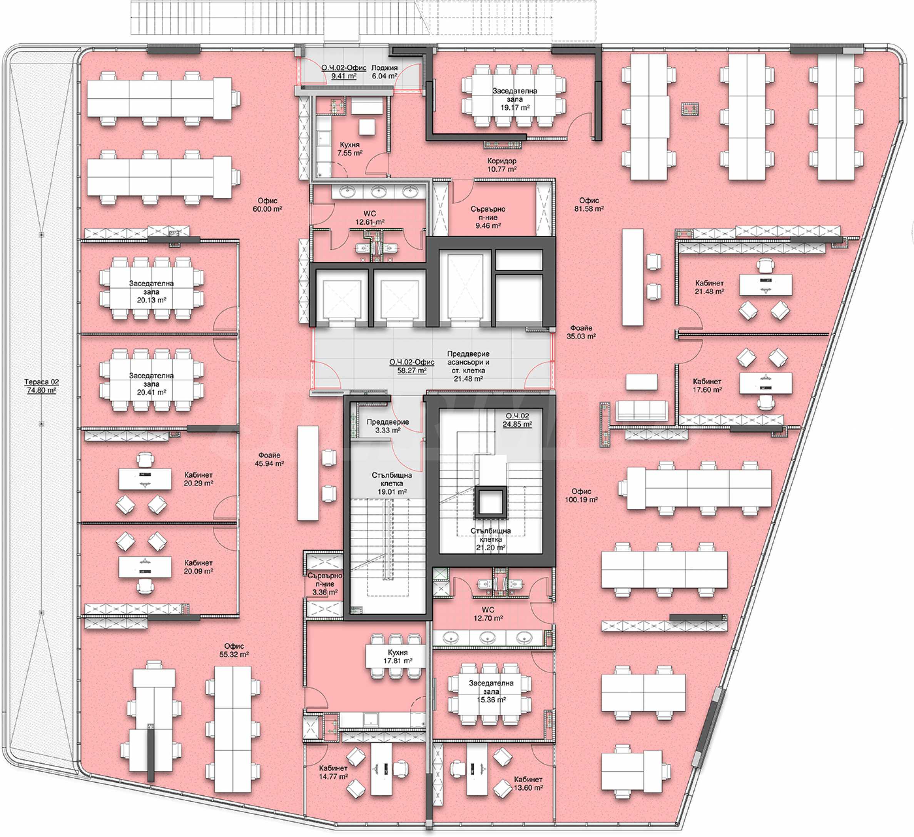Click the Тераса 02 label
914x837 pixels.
[x=41, y=382]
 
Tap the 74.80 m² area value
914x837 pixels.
[x=41, y=390]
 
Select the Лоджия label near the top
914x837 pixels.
[x=384, y=67]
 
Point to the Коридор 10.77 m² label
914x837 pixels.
[x=501, y=165]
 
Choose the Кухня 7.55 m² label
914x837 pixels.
[x=349, y=149]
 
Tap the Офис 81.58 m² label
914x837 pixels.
[x=589, y=205]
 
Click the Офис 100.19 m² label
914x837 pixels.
[x=581, y=495]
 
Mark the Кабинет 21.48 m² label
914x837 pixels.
[x=709, y=287]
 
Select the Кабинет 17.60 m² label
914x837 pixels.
[x=707, y=386]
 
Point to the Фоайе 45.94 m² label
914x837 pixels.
[x=269, y=459]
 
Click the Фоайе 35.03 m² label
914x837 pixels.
[x=581, y=332]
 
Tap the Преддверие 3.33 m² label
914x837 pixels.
[x=388, y=426]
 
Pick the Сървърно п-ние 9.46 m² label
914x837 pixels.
[x=488, y=217]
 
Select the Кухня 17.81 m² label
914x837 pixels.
[x=398, y=656]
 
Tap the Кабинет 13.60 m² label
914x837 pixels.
[x=528, y=783]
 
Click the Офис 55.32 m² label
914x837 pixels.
[x=234, y=650]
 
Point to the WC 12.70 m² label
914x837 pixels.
[x=488, y=614]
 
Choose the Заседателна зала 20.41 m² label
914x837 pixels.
[x=151, y=384]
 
